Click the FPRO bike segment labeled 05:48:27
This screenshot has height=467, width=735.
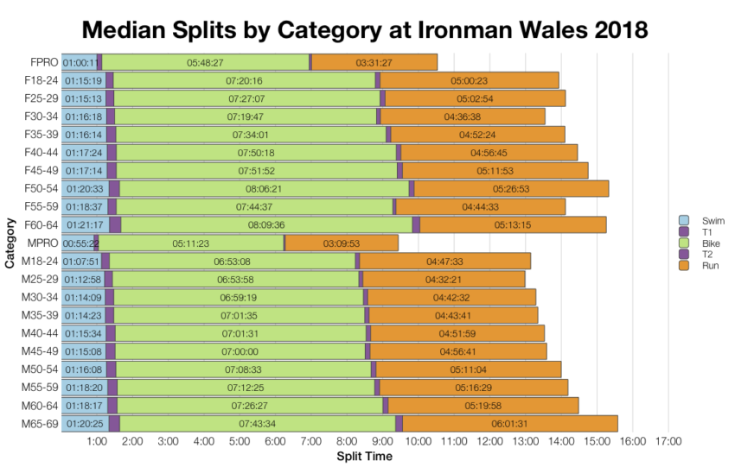205,62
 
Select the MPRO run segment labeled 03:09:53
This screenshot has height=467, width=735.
341,243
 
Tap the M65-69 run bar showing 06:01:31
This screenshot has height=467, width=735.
509,424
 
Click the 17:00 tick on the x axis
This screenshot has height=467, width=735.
668,442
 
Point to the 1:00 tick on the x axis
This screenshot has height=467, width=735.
97,442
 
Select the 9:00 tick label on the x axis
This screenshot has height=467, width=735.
382,442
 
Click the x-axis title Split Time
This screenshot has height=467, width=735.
364,457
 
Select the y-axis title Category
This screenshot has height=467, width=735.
10,243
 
